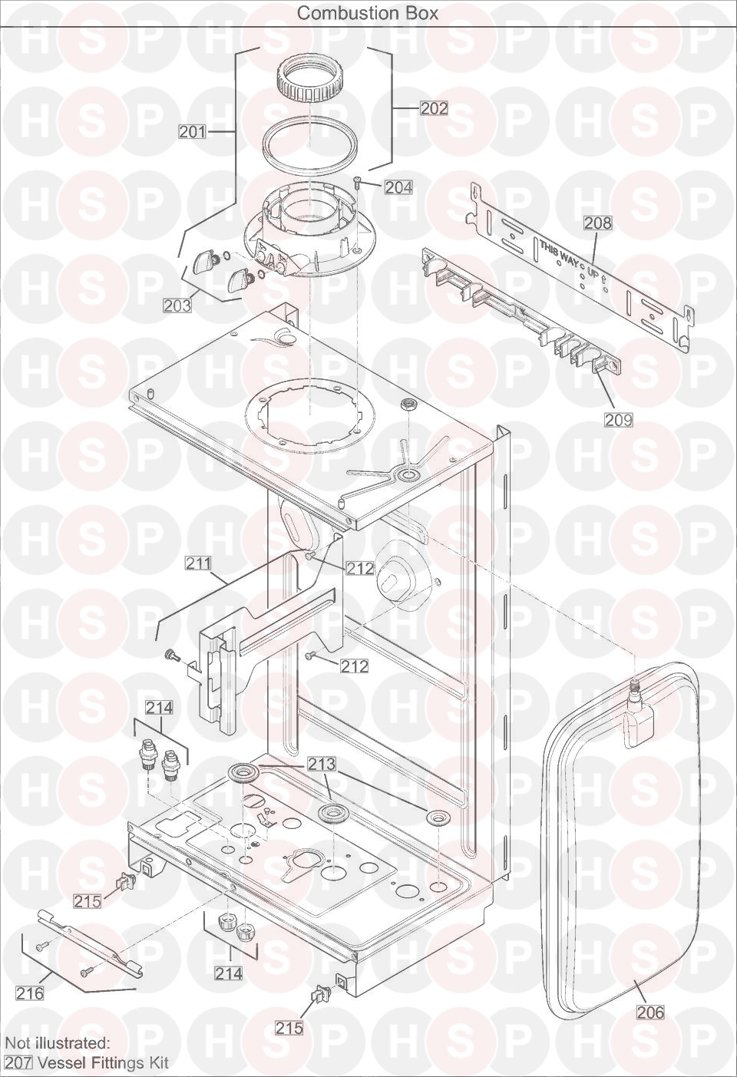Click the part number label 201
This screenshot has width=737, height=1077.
(193, 132)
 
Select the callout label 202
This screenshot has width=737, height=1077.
(435, 108)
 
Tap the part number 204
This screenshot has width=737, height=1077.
(398, 187)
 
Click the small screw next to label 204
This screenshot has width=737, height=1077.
(359, 181)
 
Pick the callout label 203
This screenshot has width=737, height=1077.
(177, 305)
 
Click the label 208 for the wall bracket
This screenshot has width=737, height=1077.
(598, 223)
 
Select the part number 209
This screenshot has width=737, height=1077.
(619, 419)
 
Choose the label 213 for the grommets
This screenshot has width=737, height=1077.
(322, 763)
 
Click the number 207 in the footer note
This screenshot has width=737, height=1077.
(18, 1063)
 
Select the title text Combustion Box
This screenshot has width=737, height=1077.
(368, 13)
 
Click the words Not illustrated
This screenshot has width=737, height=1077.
(58, 1044)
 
